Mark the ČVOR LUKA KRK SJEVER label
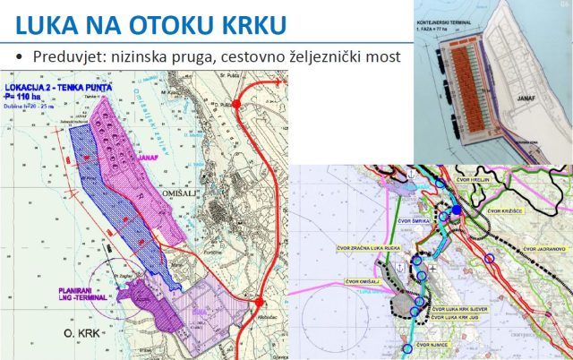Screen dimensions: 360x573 tap(461, 306)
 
